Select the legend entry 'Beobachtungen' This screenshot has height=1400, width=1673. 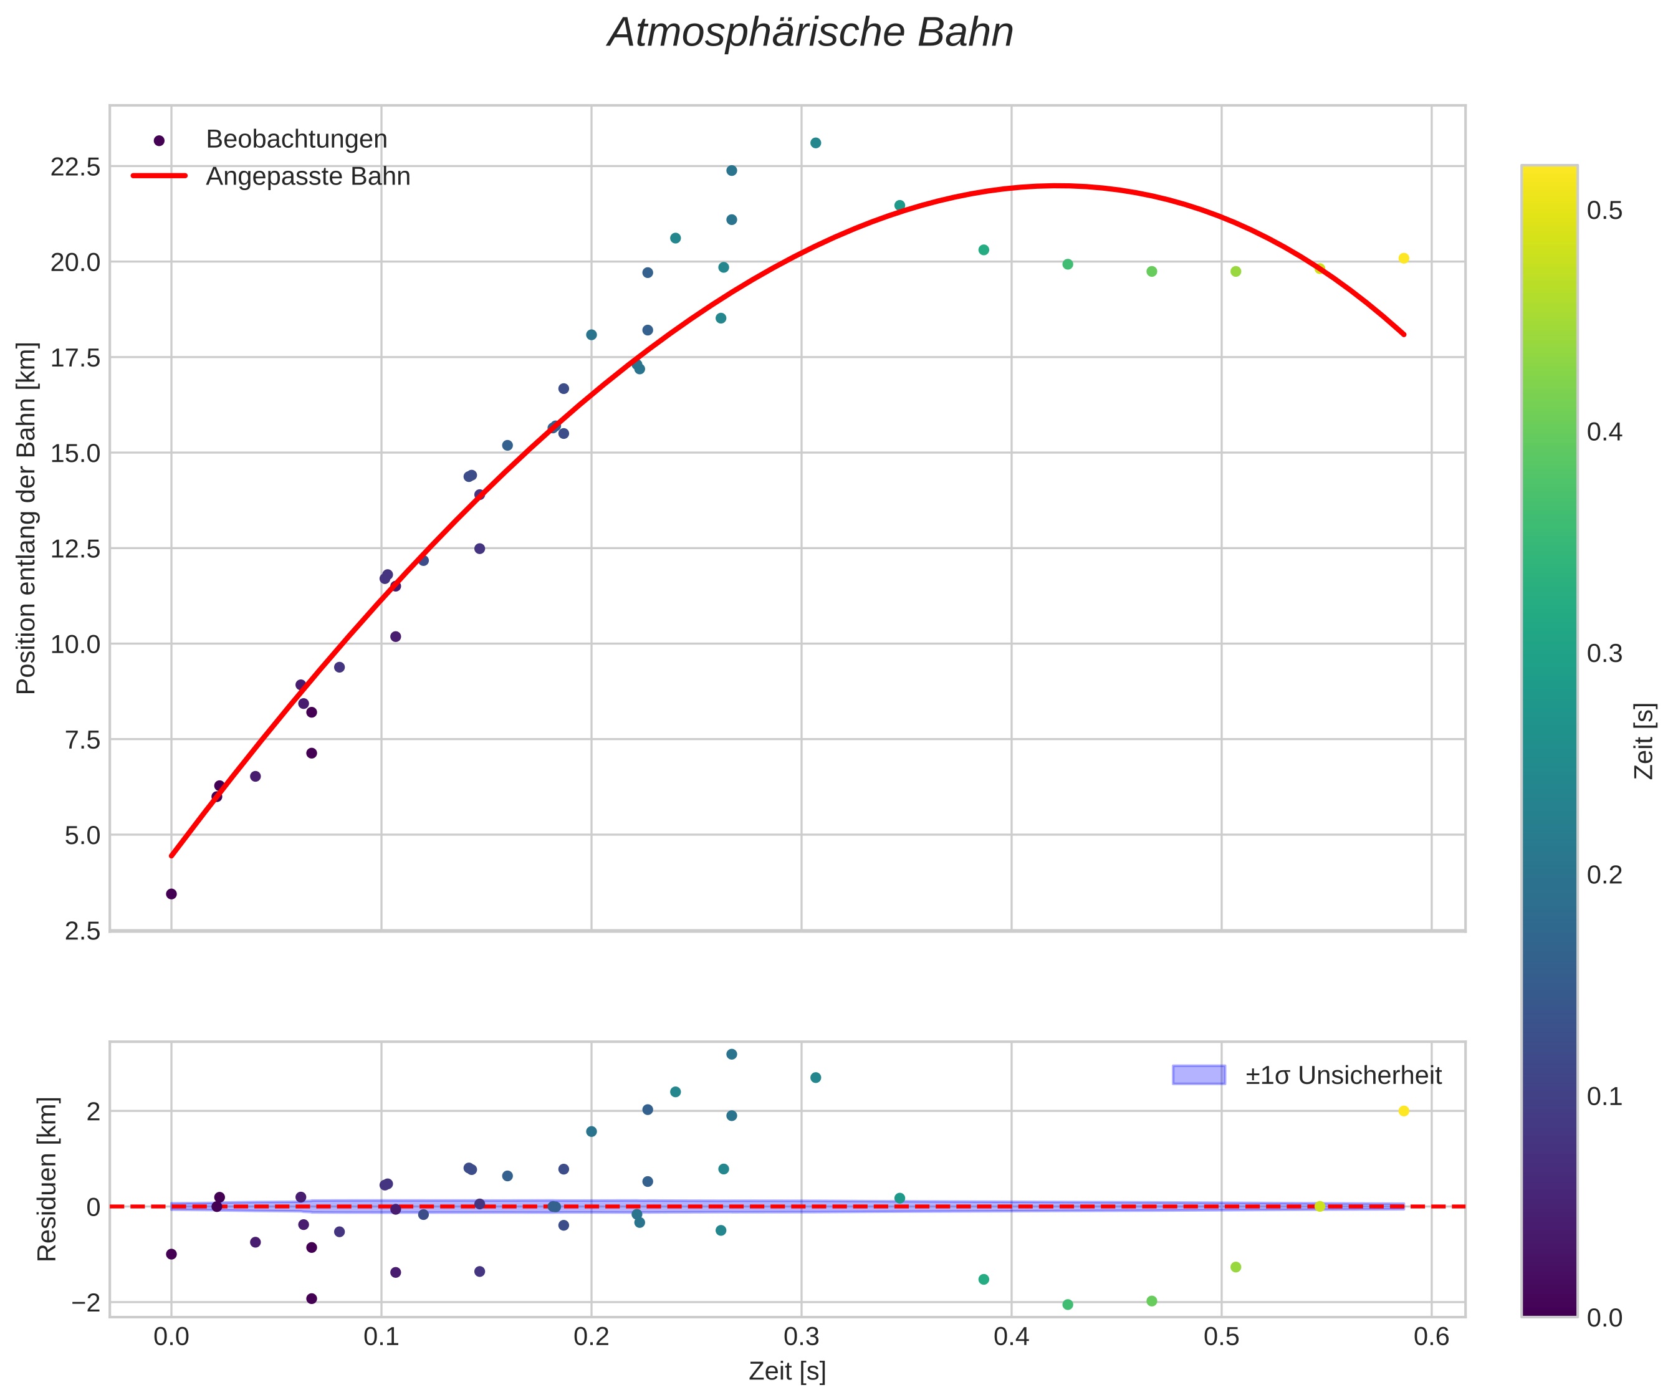click(296, 140)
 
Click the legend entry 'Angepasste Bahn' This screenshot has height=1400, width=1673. click(307, 176)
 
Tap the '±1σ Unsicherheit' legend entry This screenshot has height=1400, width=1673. click(1343, 1076)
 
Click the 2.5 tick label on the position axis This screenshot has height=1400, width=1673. click(83, 931)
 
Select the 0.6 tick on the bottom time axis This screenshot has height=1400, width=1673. click(1432, 1336)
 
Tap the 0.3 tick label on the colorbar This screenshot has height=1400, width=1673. click(1604, 654)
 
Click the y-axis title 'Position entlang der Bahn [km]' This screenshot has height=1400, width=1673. click(26, 518)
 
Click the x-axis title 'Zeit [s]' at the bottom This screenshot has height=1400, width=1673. click(787, 1371)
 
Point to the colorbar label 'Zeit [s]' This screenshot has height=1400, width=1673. click(1644, 741)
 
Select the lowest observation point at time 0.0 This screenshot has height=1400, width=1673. click(171, 894)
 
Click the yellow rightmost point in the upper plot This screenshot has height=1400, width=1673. click(1404, 258)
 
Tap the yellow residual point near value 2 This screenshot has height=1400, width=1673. click(1404, 1111)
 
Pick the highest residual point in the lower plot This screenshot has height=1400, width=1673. click(731, 1054)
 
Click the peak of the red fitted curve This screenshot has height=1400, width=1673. click(1055, 186)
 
